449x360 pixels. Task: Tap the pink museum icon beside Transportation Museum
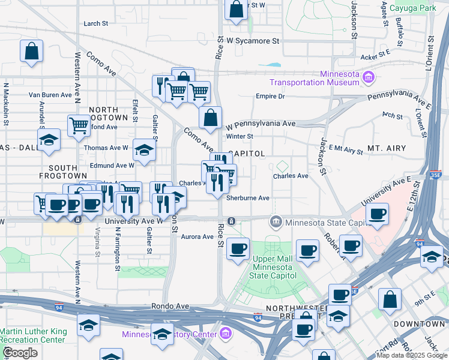369,76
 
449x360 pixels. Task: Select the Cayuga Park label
412,8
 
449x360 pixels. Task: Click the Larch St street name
96,23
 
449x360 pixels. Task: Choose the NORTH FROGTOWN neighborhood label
108,114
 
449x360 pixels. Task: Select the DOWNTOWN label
420,323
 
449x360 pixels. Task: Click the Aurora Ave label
197,237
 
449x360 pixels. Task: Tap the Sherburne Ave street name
248,197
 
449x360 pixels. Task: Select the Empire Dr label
269,96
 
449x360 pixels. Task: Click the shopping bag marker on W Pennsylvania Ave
210,118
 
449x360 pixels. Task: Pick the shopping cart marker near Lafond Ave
79,126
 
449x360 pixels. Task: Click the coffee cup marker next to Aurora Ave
238,248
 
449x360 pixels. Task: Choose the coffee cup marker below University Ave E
376,214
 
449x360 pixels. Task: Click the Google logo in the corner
20,353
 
